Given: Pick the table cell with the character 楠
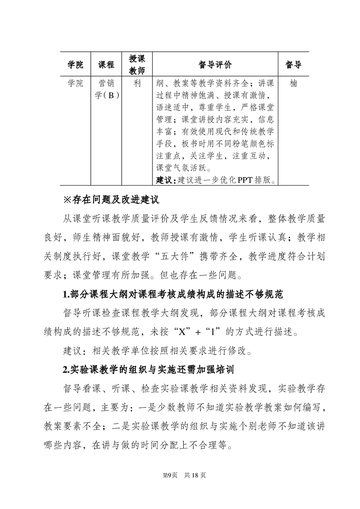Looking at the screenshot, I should coord(293,84).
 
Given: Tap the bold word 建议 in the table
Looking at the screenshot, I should coord(164,180).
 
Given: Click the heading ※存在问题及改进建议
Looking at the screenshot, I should coord(113,200).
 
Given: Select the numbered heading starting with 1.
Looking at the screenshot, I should coord(173,295).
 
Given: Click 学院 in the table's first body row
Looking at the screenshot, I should coord(76,84).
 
